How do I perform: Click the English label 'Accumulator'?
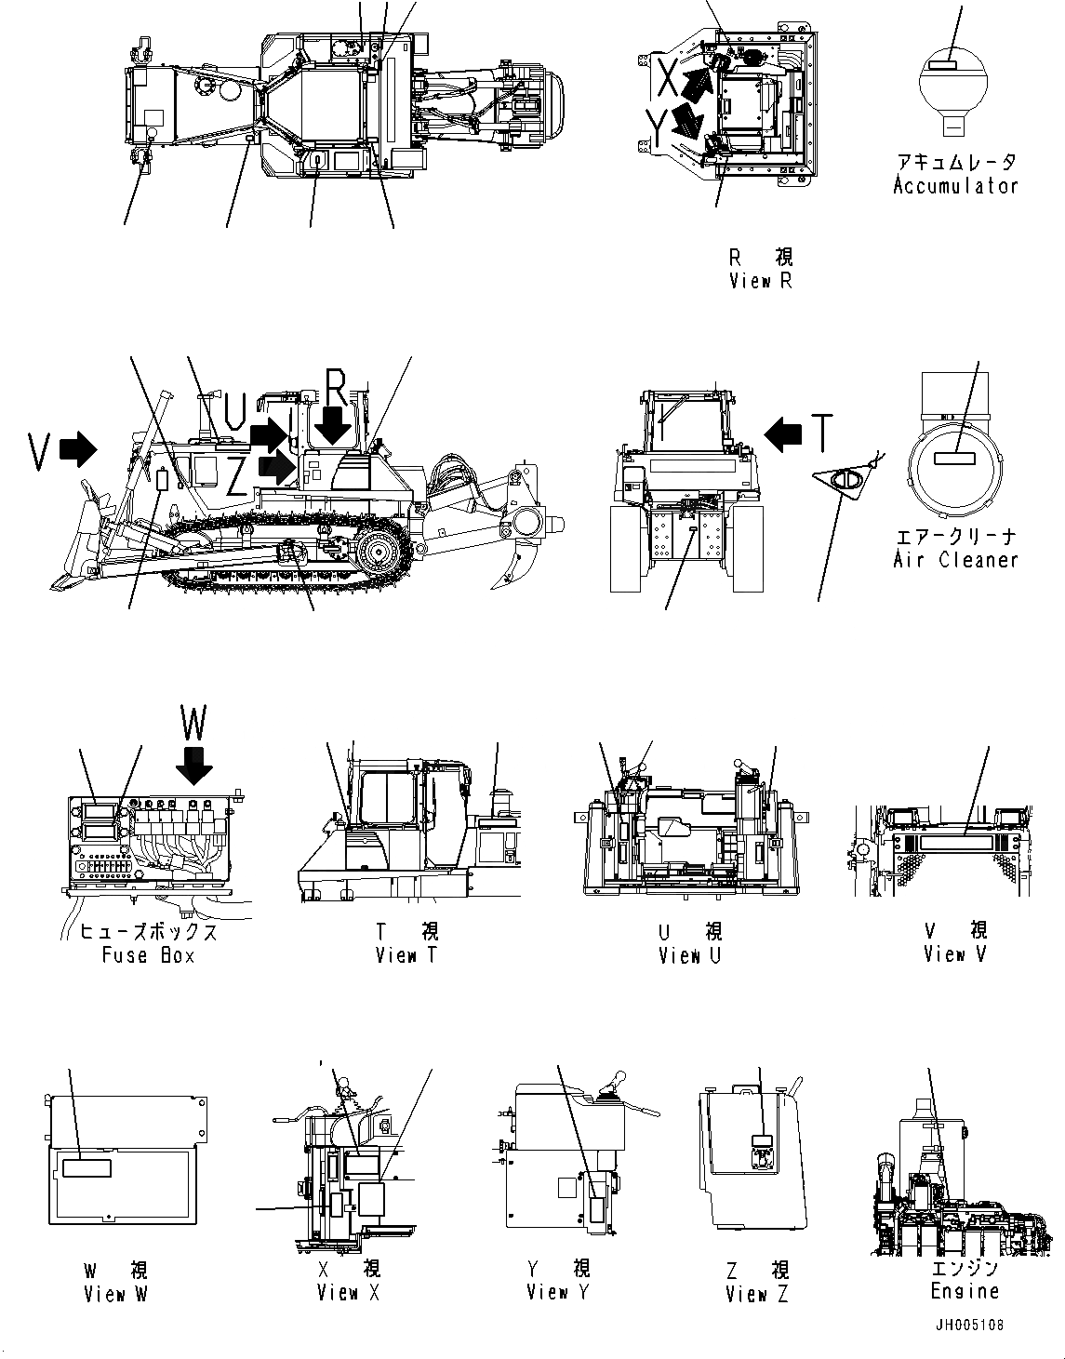(x=955, y=186)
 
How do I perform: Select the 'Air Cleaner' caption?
(x=955, y=560)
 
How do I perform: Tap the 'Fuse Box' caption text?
(x=149, y=955)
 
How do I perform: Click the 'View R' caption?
(x=761, y=281)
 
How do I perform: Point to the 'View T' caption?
(x=406, y=955)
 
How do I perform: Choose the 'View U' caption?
(x=689, y=955)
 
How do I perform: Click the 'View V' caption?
(x=955, y=954)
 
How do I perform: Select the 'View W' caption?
(x=115, y=1294)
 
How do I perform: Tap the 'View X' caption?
(x=349, y=1293)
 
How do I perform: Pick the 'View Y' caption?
(x=558, y=1292)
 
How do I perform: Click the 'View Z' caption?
(x=757, y=1294)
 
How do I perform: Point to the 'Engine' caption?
(x=965, y=1291)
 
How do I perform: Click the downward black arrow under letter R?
(x=332, y=426)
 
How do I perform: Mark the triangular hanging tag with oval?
(x=845, y=482)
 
